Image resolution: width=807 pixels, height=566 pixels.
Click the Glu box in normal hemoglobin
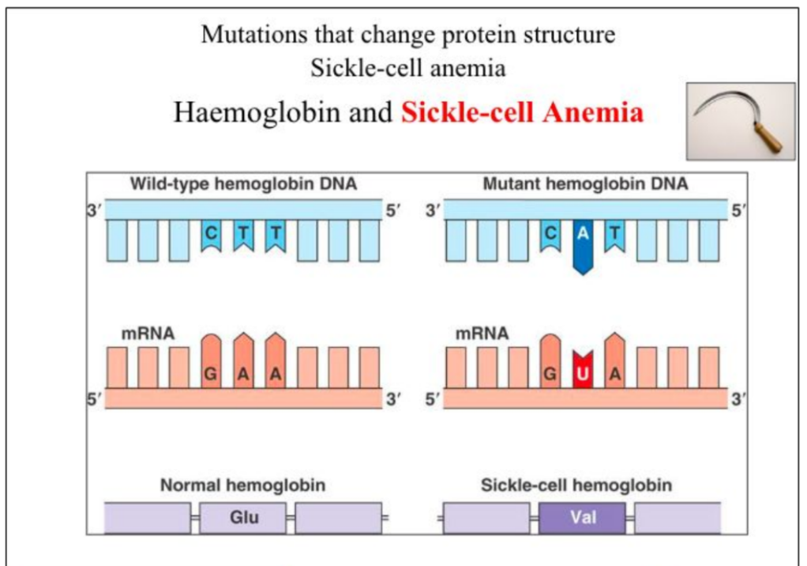pos(243,519)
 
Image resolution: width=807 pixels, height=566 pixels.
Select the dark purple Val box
pos(582,519)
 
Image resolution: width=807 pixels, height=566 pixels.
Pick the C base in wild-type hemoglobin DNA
pos(212,235)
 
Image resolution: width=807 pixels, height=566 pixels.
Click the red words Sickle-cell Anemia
pos(522,112)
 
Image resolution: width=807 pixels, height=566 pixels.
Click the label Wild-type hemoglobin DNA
pos(243,185)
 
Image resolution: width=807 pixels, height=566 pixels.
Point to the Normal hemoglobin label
pos(243,485)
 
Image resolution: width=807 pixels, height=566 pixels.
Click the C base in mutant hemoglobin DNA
pos(550,235)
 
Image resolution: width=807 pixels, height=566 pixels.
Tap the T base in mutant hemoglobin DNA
pos(614,235)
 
